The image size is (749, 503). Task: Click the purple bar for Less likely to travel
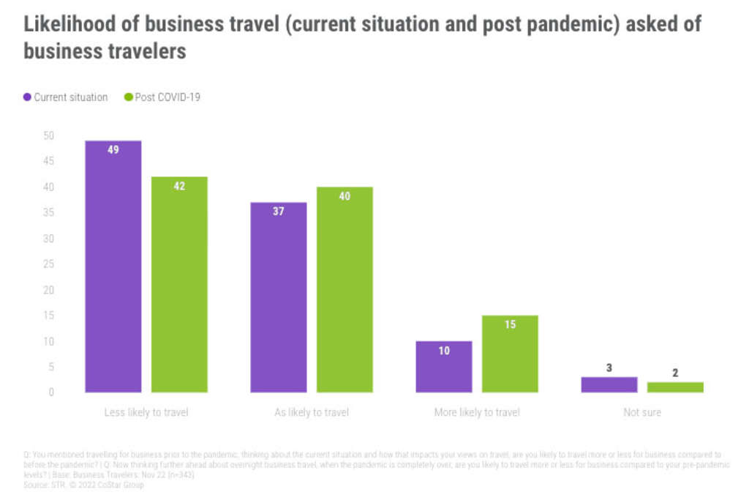(x=113, y=267)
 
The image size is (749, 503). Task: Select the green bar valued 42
(x=179, y=285)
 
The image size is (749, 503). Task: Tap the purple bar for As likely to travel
(x=279, y=297)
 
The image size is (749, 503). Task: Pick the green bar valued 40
(x=345, y=290)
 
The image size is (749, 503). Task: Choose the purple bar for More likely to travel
(x=444, y=367)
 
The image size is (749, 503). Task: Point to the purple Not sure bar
(x=609, y=384)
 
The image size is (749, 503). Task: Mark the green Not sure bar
(x=675, y=387)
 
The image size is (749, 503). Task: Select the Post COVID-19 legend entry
(x=162, y=97)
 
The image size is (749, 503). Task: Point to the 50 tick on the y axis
(x=49, y=135)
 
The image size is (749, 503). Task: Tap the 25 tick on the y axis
(x=49, y=264)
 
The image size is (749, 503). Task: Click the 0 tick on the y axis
(x=51, y=392)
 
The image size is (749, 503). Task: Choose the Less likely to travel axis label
(x=146, y=412)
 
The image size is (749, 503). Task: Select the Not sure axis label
(x=642, y=412)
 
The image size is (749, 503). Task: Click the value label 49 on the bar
(x=113, y=149)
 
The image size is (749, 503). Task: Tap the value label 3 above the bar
(x=609, y=368)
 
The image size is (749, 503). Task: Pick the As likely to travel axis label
(x=312, y=412)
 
